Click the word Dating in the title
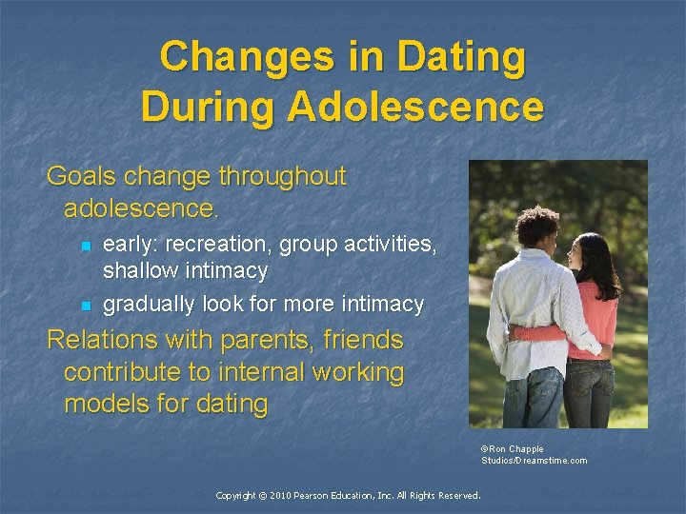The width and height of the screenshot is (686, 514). (x=462, y=57)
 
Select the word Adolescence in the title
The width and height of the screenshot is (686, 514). (x=415, y=106)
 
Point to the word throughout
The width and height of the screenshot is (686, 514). (x=282, y=176)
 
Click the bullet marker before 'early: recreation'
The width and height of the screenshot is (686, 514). (x=84, y=246)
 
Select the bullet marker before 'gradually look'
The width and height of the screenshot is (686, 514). (x=84, y=306)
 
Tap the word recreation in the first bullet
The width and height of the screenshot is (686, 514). (x=222, y=245)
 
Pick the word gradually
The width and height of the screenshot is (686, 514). (x=147, y=305)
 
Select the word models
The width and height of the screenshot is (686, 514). (x=103, y=404)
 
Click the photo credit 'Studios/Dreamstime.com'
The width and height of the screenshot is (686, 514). (x=534, y=461)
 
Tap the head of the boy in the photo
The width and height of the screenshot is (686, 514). (x=537, y=228)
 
